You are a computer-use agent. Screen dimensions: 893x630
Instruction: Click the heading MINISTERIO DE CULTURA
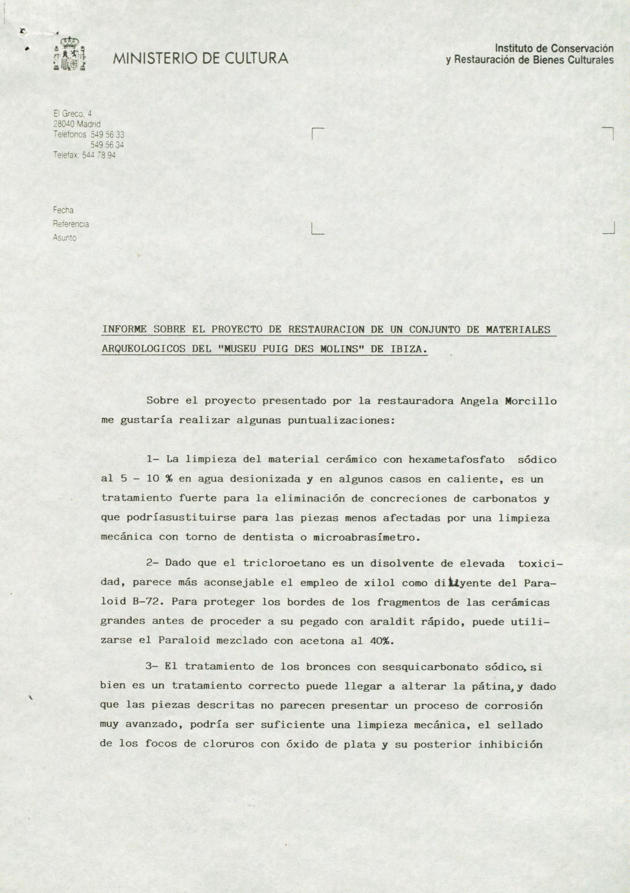click(201, 59)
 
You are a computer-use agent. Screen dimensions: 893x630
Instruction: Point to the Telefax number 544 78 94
click(99, 155)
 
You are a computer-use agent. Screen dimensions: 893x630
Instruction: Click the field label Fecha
click(63, 210)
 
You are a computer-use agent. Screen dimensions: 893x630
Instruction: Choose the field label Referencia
click(71, 224)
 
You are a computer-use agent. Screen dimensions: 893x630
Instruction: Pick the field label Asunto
click(64, 238)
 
